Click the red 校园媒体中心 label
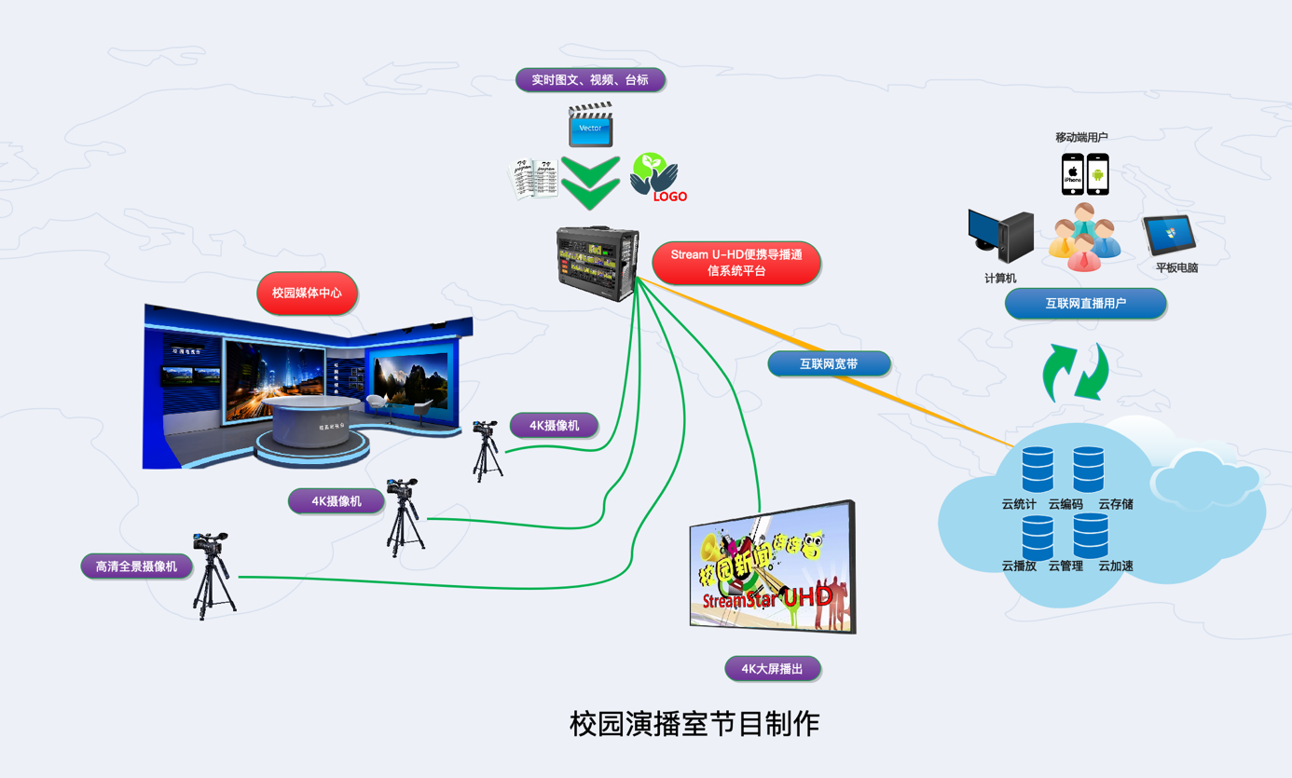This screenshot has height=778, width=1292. tap(307, 293)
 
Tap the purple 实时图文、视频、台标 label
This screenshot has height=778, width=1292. tap(590, 80)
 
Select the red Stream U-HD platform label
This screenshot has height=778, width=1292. tap(735, 263)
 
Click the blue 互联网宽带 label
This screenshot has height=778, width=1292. tap(829, 364)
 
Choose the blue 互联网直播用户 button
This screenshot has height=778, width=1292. tap(1085, 304)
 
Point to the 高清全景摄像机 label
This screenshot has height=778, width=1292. tap(136, 566)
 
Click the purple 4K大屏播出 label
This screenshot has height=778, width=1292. tap(772, 668)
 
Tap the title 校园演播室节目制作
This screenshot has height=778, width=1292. tap(694, 724)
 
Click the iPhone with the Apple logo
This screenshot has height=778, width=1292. tap(1073, 174)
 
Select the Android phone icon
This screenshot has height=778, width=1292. tap(1098, 174)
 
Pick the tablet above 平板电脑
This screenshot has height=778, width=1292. tap(1169, 235)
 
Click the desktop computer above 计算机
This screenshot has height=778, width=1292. tap(1001, 237)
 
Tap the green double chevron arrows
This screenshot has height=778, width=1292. tap(591, 182)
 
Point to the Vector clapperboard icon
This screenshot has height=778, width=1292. tap(591, 125)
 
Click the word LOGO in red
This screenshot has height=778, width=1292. tap(669, 197)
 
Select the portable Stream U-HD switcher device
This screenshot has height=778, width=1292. tap(597, 262)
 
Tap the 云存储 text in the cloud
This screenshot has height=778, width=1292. tap(1115, 504)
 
